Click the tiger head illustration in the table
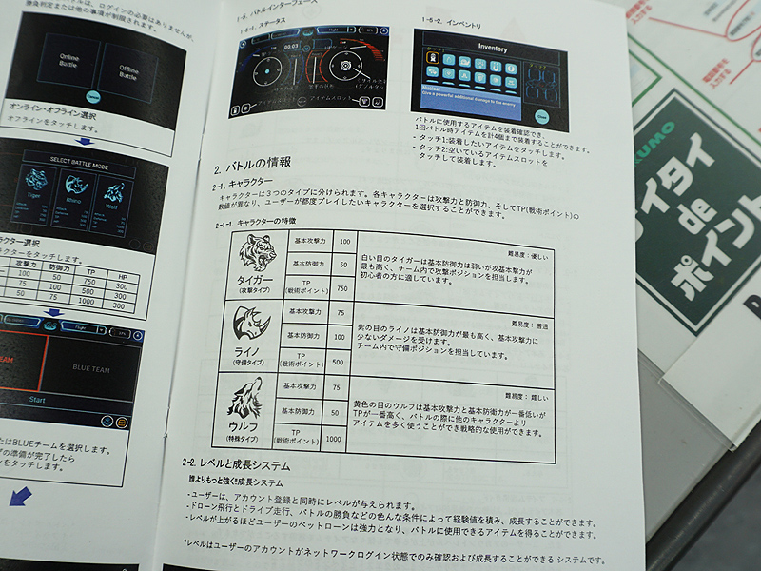point(256,253)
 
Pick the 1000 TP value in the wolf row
point(334,439)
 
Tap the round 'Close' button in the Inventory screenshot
point(541,115)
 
